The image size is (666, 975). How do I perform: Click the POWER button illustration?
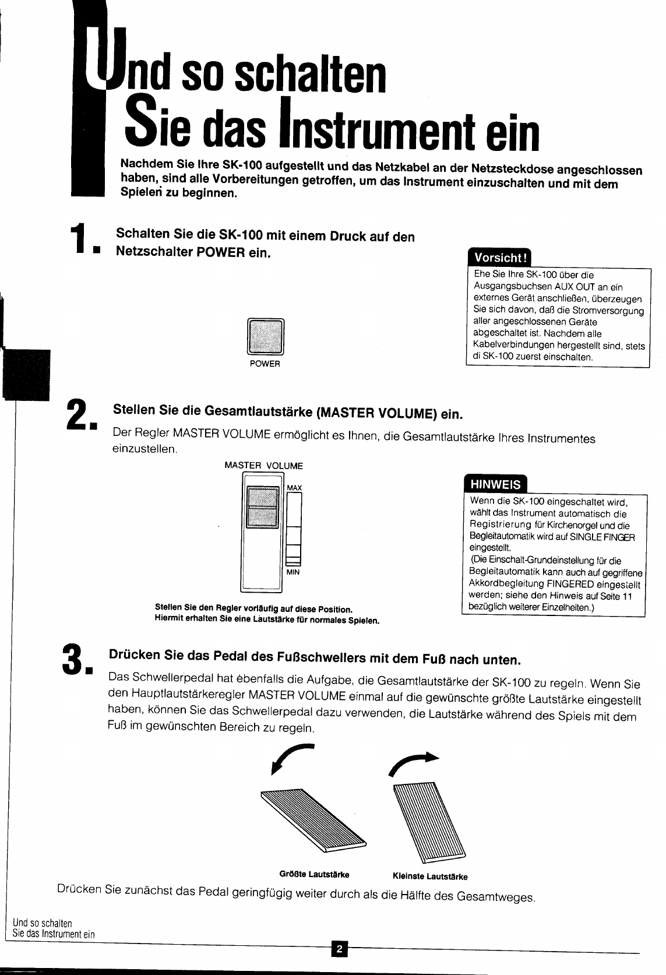pyautogui.click(x=265, y=337)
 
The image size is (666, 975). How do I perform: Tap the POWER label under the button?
pyautogui.click(x=265, y=364)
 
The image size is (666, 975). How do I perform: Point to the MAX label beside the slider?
pyautogui.click(x=294, y=487)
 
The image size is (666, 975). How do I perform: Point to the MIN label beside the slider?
pyautogui.click(x=293, y=572)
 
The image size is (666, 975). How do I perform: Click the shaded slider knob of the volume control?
pyautogui.click(x=262, y=507)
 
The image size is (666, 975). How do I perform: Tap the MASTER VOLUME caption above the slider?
pyautogui.click(x=264, y=466)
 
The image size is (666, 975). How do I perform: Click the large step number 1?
pyautogui.click(x=80, y=241)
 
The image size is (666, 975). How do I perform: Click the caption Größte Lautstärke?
pyautogui.click(x=314, y=874)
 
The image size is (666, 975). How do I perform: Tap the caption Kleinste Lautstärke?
pyautogui.click(x=430, y=876)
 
